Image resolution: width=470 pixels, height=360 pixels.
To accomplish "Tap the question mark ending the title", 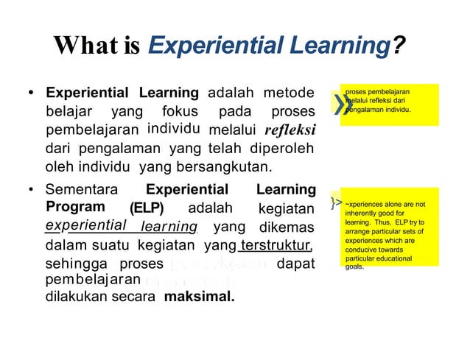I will coord(398,49).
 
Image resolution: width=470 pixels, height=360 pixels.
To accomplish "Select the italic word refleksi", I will coord(287,130).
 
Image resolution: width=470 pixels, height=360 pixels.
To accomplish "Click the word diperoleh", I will coord(284,147).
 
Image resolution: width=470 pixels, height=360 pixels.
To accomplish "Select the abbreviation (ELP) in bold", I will coord(147,208).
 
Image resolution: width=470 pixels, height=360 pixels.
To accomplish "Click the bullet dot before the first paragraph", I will coord(31,94).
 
